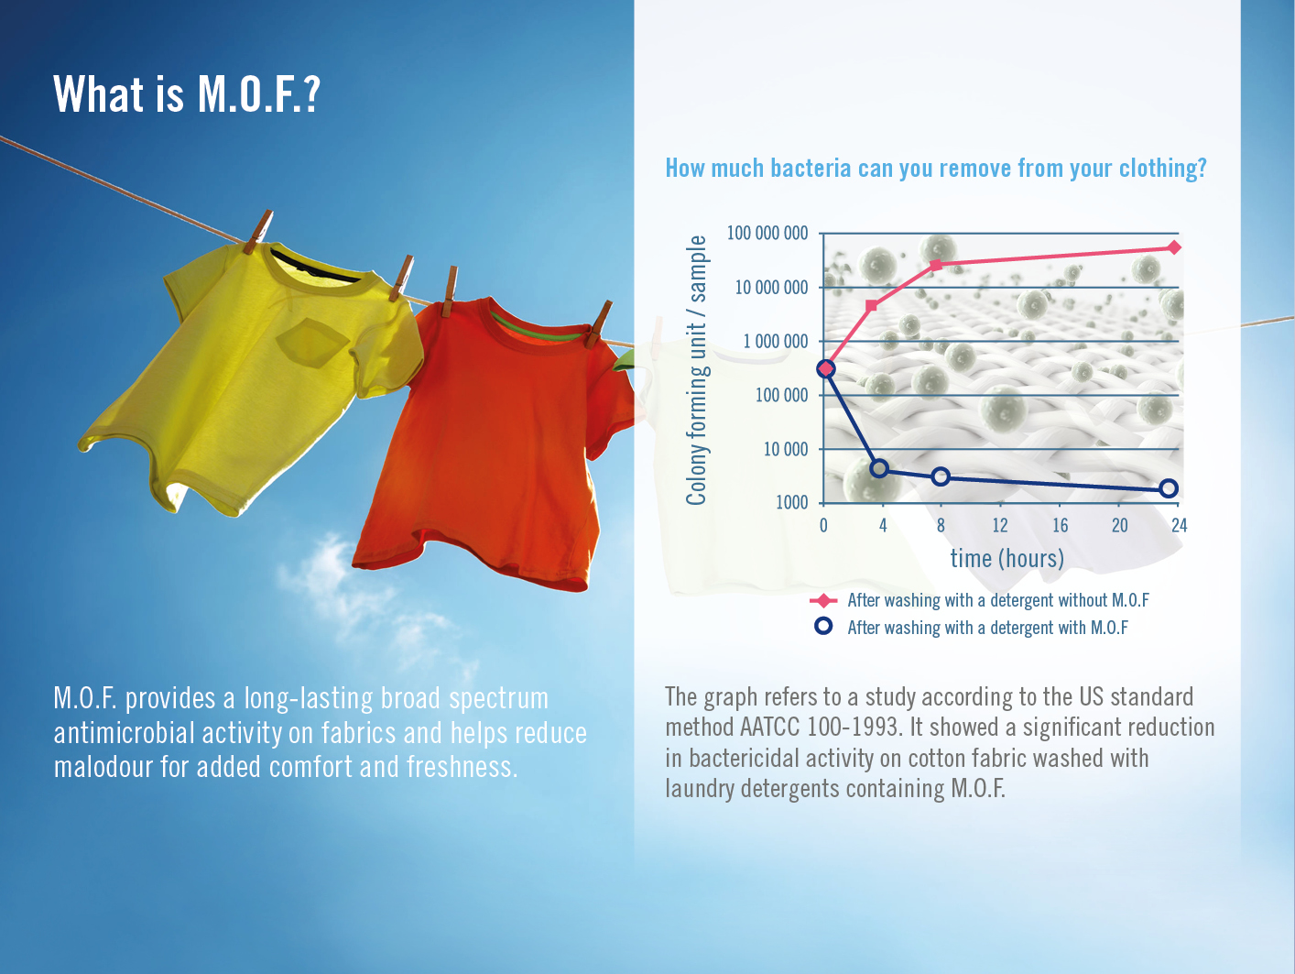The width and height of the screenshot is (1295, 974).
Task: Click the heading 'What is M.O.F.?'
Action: (x=187, y=94)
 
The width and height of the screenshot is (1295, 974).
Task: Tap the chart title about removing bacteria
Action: (x=936, y=169)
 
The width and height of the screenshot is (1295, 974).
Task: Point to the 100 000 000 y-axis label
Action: (x=767, y=233)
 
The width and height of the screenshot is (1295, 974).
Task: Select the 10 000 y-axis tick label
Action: (x=785, y=449)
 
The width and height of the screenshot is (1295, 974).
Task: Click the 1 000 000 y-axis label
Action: (x=775, y=341)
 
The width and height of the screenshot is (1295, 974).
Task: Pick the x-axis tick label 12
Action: (x=1000, y=525)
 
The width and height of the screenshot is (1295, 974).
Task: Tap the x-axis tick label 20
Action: (x=1119, y=525)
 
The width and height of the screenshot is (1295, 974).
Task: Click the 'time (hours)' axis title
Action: (x=1007, y=558)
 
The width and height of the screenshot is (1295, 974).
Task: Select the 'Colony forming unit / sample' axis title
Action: (x=697, y=370)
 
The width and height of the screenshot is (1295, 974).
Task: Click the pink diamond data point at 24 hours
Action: (x=1174, y=247)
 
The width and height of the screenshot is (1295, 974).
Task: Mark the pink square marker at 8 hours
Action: (x=936, y=265)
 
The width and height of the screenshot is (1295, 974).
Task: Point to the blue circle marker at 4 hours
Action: (x=879, y=469)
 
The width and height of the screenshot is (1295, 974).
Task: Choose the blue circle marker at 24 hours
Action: (x=1169, y=488)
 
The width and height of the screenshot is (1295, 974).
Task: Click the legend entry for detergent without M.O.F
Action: (x=979, y=600)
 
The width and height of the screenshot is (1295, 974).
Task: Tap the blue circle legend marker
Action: (x=823, y=627)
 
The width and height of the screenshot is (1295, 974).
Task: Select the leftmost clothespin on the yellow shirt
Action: (x=258, y=232)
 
